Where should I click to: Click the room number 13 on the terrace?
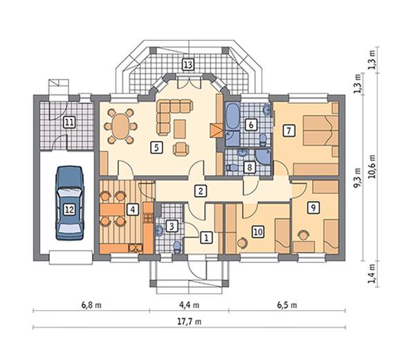click(x=188, y=64)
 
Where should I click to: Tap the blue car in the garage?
click(x=69, y=203)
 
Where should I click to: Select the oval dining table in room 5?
click(x=120, y=126)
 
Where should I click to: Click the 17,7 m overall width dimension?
click(x=189, y=322)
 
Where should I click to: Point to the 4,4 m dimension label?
click(x=189, y=305)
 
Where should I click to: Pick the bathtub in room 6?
click(x=232, y=117)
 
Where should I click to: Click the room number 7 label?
click(x=288, y=131)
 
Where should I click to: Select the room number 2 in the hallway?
click(x=201, y=190)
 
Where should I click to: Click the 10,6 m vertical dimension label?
click(x=372, y=166)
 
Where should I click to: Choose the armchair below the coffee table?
click(x=181, y=149)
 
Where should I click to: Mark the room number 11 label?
click(x=69, y=123)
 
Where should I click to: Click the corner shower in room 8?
click(x=263, y=157)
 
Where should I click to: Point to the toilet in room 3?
click(x=177, y=246)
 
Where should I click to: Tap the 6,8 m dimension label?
click(x=91, y=305)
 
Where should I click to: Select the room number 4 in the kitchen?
click(x=132, y=210)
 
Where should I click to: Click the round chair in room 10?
click(x=241, y=243)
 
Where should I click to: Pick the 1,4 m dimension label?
click(x=372, y=273)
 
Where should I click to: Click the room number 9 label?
click(x=313, y=208)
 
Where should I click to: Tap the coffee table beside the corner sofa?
click(x=180, y=129)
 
